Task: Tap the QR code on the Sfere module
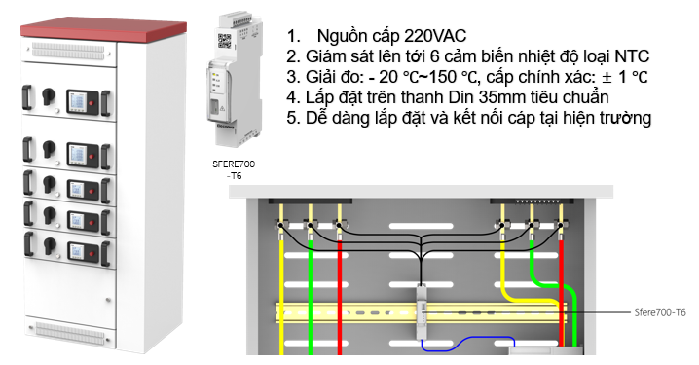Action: pos(224,41)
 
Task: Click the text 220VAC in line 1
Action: pos(435,36)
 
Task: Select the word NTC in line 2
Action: pos(632,56)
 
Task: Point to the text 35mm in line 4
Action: pos(501,97)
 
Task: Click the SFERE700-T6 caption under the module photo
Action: pos(234,169)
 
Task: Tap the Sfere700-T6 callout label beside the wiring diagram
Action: pos(660,312)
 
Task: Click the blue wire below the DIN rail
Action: pos(468,344)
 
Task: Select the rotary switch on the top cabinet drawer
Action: pos(48,95)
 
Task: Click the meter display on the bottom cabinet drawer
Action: pos(76,251)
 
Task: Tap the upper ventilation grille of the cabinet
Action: pos(68,51)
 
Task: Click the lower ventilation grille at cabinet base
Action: pos(70,332)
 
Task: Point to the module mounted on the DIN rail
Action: pos(422,311)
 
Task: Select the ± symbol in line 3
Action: pos(607,77)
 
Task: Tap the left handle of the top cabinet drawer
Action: pos(27,97)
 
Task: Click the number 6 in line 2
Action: pos(435,56)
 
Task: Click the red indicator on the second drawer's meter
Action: pos(91,157)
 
